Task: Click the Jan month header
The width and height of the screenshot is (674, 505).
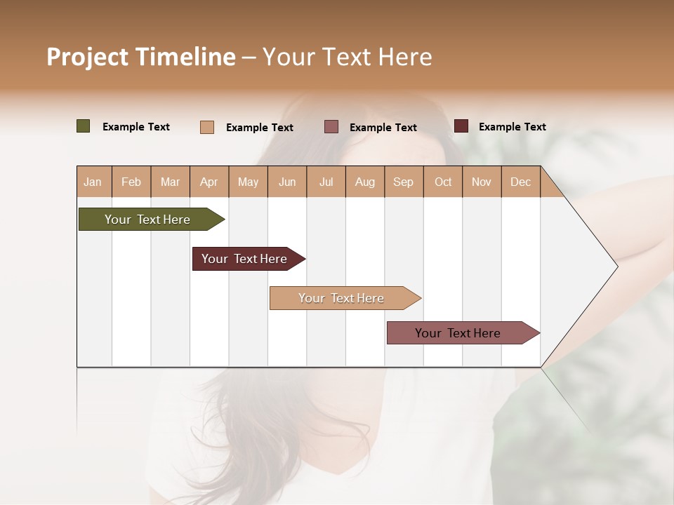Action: point(93,182)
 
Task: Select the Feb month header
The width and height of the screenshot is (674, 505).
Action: point(131,182)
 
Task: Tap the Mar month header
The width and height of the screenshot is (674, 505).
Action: point(170,182)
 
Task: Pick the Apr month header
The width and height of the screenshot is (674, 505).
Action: point(209,182)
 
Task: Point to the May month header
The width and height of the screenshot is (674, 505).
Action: point(248,182)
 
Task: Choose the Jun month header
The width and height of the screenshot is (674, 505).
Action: point(287,182)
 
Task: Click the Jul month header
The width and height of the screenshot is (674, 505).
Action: point(326,182)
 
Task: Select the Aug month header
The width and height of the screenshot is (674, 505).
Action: point(364,182)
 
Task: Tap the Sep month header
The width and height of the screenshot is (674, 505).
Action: point(403,182)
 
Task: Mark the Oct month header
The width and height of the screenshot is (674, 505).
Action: point(443,182)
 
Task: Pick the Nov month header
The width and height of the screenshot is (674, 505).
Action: point(482,182)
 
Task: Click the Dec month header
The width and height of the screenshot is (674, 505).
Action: point(520,182)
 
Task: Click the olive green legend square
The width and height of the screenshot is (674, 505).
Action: point(84,126)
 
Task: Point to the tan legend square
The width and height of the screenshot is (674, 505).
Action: point(207,127)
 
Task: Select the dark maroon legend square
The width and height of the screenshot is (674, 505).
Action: point(461,126)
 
